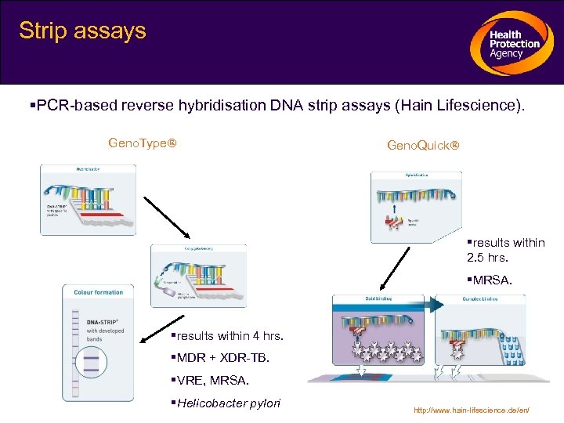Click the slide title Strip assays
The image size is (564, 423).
click(82, 31)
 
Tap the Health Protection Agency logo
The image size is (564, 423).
click(510, 44)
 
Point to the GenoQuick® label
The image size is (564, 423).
click(423, 146)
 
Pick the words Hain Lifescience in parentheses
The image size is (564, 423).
click(455, 106)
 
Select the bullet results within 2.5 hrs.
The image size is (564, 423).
click(505, 250)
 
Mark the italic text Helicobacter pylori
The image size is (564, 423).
click(228, 403)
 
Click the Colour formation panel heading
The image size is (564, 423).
click(99, 292)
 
